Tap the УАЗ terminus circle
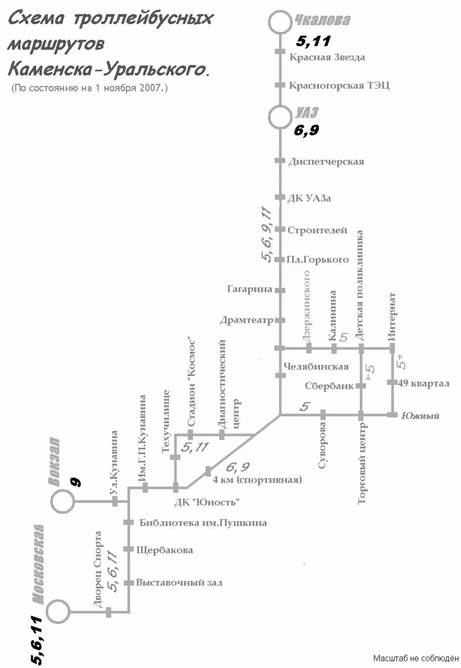(x=281, y=117)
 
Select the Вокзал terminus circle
(x=63, y=501)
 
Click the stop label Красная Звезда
(x=327, y=57)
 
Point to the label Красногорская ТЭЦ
(x=339, y=85)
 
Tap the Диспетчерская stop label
(x=326, y=161)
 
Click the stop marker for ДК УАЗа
(x=280, y=198)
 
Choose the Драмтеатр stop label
(x=245, y=320)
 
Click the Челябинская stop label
(x=316, y=367)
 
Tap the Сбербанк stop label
(x=328, y=386)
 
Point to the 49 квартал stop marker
(x=392, y=382)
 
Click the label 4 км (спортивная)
(x=257, y=480)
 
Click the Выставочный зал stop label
(x=179, y=583)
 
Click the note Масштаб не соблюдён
(x=415, y=658)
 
